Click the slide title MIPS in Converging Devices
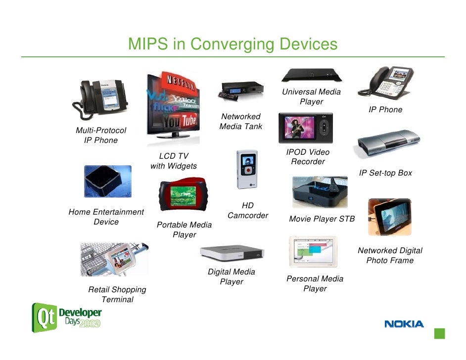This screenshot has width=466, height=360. coord(233,45)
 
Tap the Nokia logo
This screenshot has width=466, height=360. coord(404,324)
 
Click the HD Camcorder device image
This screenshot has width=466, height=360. coord(247,170)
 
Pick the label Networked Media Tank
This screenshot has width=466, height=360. coord(240,122)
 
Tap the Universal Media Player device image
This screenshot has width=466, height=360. coord(311,76)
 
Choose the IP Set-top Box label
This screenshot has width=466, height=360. coord(385,173)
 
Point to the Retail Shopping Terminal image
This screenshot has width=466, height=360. coord(114,259)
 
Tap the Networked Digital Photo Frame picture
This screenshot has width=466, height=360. coord(389,217)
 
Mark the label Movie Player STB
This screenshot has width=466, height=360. coord(322,219)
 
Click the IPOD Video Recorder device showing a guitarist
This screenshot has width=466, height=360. coord(305,128)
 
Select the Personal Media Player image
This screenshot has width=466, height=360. coord(312,252)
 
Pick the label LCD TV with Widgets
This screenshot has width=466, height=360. coord(173,161)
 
